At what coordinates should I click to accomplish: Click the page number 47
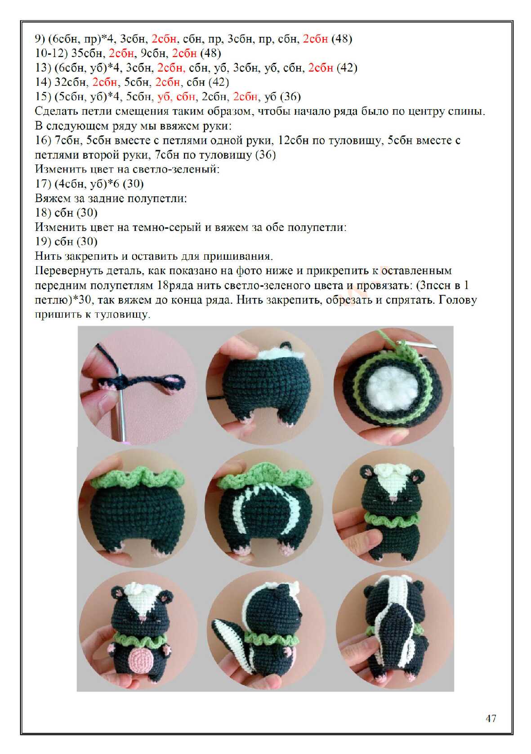[x=491, y=719]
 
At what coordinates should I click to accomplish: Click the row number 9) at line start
[x=40, y=39]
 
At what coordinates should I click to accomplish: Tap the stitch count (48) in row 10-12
[x=211, y=53]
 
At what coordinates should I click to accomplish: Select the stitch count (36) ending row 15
[x=290, y=97]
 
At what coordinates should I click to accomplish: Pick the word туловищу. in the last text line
[x=122, y=315]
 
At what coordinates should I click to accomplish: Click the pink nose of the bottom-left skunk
[x=143, y=617]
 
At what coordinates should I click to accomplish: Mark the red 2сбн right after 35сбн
[x=121, y=53]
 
